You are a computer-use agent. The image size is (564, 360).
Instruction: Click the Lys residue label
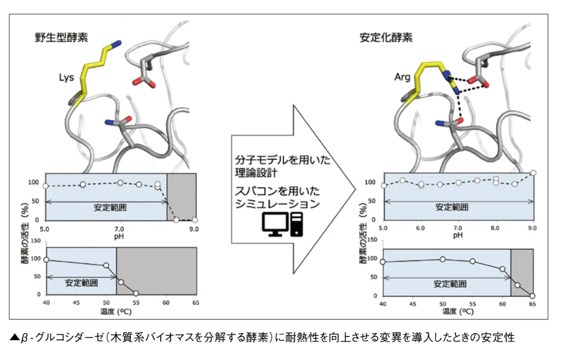click(66, 78)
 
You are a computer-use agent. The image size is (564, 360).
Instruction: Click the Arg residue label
click(402, 77)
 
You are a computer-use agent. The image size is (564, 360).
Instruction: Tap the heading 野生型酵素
click(62, 37)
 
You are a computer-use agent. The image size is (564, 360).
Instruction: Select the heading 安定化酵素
click(386, 37)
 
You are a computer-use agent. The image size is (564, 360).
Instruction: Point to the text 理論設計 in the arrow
click(256, 173)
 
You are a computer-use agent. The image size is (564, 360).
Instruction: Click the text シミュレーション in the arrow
click(277, 204)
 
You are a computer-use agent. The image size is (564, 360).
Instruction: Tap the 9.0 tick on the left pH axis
click(194, 229)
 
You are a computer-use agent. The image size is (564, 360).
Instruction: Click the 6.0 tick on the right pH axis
click(420, 228)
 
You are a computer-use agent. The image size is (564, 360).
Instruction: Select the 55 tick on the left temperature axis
click(136, 303)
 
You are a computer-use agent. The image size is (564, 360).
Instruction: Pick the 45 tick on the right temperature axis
click(413, 304)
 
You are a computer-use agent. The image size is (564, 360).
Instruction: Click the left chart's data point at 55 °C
click(135, 294)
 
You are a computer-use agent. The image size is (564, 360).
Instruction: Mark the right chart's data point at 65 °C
click(532, 296)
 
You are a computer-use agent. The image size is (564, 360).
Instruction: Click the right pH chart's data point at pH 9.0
click(533, 173)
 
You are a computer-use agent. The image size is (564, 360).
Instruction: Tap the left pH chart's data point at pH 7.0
click(120, 182)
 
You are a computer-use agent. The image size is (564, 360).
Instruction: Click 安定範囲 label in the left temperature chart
click(81, 283)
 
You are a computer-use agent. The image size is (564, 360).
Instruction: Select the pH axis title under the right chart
click(457, 235)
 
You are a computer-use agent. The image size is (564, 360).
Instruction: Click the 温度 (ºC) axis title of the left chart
click(116, 311)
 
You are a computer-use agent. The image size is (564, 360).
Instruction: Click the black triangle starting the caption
click(14, 337)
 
